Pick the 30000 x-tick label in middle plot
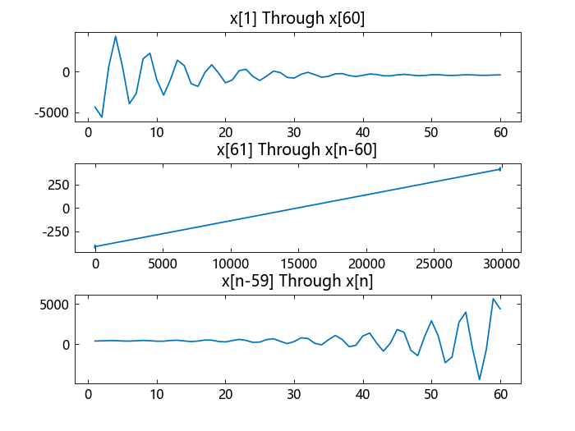coord(500,264)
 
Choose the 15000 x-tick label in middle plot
coord(297,264)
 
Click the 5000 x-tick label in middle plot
coord(163,264)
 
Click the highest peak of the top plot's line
coord(116,36)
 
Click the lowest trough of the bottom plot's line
coord(480,379)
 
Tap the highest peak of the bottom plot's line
coord(493,298)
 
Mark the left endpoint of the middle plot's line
coord(95,246)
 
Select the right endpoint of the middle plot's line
coord(500,169)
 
